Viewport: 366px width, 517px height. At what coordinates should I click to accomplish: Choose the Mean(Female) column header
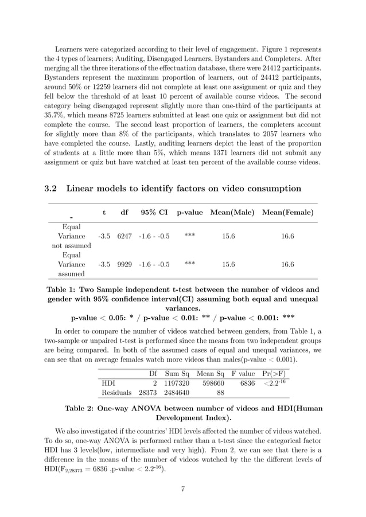tap(287, 213)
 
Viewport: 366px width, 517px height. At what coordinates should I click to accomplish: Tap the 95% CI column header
tap(154, 213)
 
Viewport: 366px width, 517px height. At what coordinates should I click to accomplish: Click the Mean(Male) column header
tap(232, 213)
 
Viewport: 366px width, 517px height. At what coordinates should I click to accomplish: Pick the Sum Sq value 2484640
tap(177, 393)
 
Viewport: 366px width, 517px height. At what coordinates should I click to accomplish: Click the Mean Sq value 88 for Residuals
tap(220, 393)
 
